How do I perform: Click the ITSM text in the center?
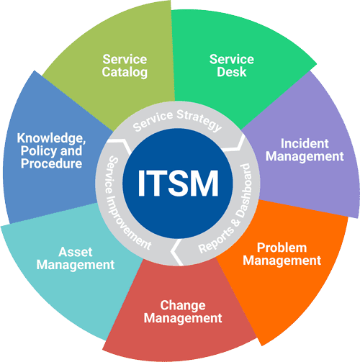(x=178, y=184)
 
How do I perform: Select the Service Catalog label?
(x=125, y=66)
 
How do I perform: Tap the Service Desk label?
(x=232, y=65)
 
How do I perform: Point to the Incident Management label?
(x=305, y=150)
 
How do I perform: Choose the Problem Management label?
(x=282, y=254)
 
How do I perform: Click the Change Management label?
(x=183, y=312)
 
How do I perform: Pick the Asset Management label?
(x=76, y=259)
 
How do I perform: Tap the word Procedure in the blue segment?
(x=51, y=163)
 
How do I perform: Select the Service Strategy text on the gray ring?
(x=177, y=121)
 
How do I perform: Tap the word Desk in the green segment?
(x=232, y=72)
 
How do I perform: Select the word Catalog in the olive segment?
(x=125, y=73)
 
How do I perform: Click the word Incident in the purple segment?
(x=305, y=144)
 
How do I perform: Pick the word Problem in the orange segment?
(x=282, y=248)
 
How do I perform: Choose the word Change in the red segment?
(x=183, y=306)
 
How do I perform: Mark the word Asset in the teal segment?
(x=76, y=253)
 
